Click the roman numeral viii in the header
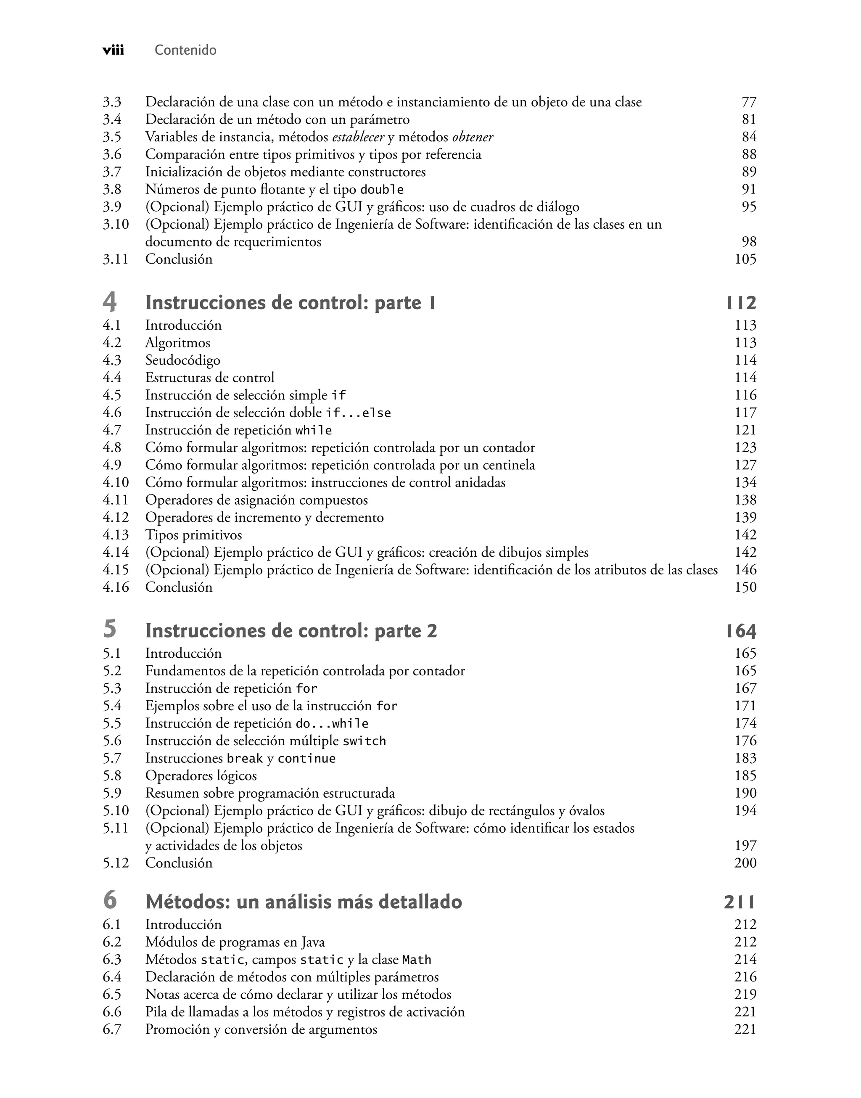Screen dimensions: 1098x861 [x=113, y=50]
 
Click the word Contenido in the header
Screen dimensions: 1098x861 [x=185, y=50]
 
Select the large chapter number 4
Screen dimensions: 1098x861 [x=109, y=302]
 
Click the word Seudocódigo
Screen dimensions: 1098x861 [x=182, y=360]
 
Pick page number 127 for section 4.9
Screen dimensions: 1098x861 [x=745, y=465]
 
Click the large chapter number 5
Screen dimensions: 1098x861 [x=109, y=629]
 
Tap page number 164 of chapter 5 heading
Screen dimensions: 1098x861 [x=741, y=631]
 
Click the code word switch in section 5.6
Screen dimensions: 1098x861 [x=364, y=741]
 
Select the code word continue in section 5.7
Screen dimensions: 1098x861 [x=306, y=759]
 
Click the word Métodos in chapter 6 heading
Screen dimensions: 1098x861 [x=186, y=902]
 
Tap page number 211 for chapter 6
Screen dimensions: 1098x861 [x=740, y=902]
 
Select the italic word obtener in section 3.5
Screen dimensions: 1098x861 [x=473, y=137]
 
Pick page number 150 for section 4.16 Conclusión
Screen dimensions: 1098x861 [x=745, y=587]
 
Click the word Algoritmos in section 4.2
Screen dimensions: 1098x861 [x=177, y=343]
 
